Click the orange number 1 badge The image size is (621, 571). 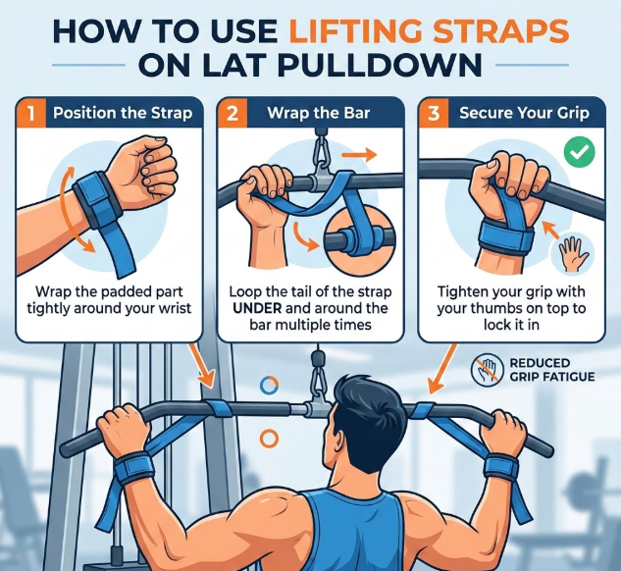[x=31, y=113]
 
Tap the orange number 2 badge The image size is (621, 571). [x=233, y=113]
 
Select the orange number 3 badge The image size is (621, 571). [x=434, y=113]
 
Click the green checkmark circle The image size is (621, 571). [x=580, y=152]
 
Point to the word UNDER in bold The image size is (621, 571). [x=257, y=308]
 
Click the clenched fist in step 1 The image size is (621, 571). [x=146, y=169]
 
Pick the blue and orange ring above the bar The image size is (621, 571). [x=270, y=385]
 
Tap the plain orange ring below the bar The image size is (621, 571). [x=269, y=439]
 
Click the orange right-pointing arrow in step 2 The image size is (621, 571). [x=359, y=155]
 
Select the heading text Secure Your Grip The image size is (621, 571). [x=524, y=113]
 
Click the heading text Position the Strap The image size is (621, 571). [x=123, y=113]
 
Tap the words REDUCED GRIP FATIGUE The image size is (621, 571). [x=552, y=370]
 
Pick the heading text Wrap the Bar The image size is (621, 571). [x=319, y=113]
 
